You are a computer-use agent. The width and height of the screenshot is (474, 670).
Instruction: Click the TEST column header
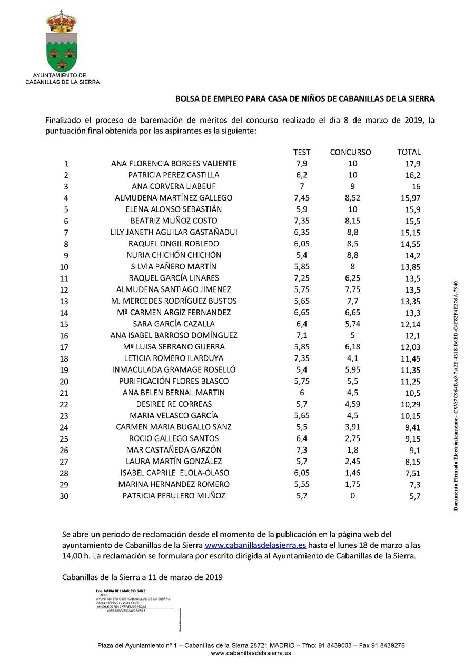coord(302,152)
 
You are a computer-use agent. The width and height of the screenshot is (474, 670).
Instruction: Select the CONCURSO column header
coord(350,152)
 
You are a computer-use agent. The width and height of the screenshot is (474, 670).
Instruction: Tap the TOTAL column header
coord(409,152)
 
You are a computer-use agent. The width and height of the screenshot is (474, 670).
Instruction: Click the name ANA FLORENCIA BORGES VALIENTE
coord(174,164)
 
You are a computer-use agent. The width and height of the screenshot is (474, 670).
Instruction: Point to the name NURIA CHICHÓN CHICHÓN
coord(174,255)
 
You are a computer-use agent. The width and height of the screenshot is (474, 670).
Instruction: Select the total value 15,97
coord(410,198)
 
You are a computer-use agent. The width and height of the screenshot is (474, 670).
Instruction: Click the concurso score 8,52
coord(352,198)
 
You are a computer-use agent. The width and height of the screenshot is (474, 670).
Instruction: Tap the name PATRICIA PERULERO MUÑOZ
coord(174,496)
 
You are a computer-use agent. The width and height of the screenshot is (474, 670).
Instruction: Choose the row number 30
coord(66,496)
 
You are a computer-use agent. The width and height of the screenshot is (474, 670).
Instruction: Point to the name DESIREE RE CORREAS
coord(174,404)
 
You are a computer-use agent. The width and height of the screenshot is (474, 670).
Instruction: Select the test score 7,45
coord(302,198)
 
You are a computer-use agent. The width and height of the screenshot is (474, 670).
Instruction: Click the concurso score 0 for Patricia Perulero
coord(352,496)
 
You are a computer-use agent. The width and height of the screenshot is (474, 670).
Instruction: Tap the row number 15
coord(66,324)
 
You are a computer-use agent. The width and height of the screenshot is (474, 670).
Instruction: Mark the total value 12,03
coord(410,347)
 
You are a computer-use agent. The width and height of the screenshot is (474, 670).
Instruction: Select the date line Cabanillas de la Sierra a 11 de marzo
coord(142,577)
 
